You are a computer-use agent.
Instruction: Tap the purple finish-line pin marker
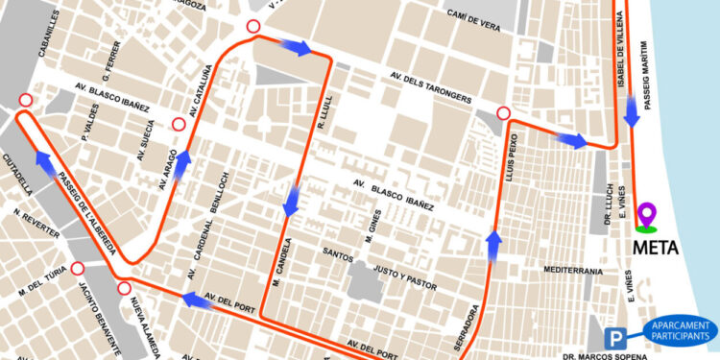pyautogui.click(x=647, y=216)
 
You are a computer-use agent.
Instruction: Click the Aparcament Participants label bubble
pyautogui.click(x=682, y=331)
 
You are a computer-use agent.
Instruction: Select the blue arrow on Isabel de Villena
pyautogui.click(x=632, y=113)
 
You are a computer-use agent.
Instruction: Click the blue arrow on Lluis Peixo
pyautogui.click(x=493, y=245)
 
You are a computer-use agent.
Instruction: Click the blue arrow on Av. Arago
pyautogui.click(x=179, y=165)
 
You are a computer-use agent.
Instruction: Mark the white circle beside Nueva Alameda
pyautogui.click(x=124, y=289)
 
